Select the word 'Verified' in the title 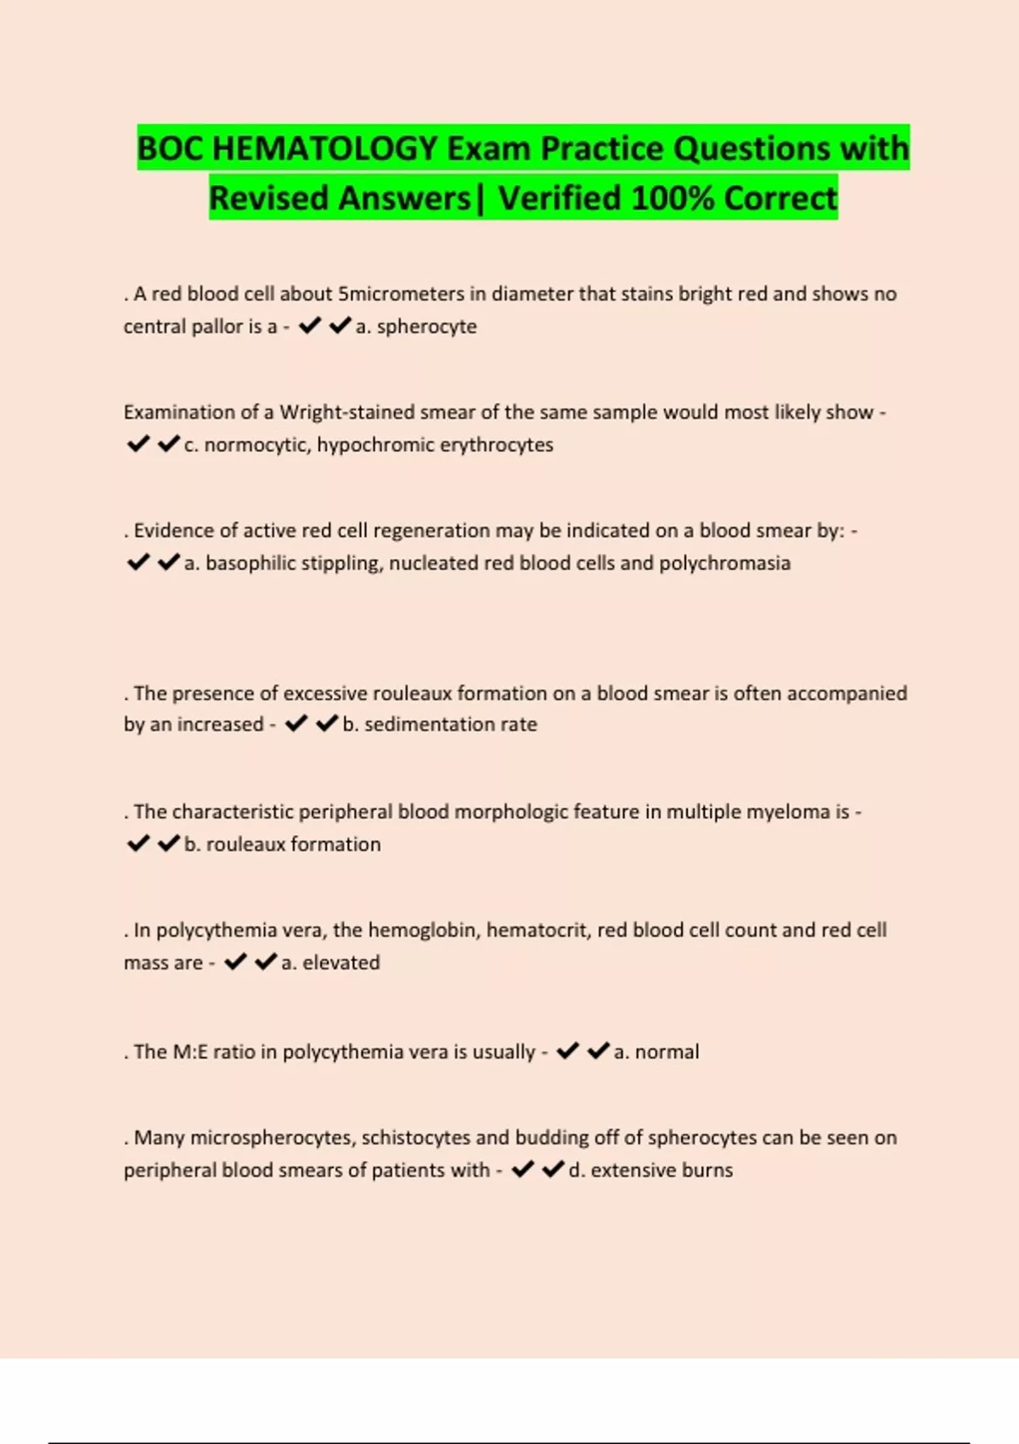coord(559,199)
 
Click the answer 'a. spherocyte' coord(416,326)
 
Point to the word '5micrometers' coord(401,294)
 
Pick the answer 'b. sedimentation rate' coord(440,725)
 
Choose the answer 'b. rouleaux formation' coord(283,844)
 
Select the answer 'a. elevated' coord(330,962)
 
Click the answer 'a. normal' coord(656,1052)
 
